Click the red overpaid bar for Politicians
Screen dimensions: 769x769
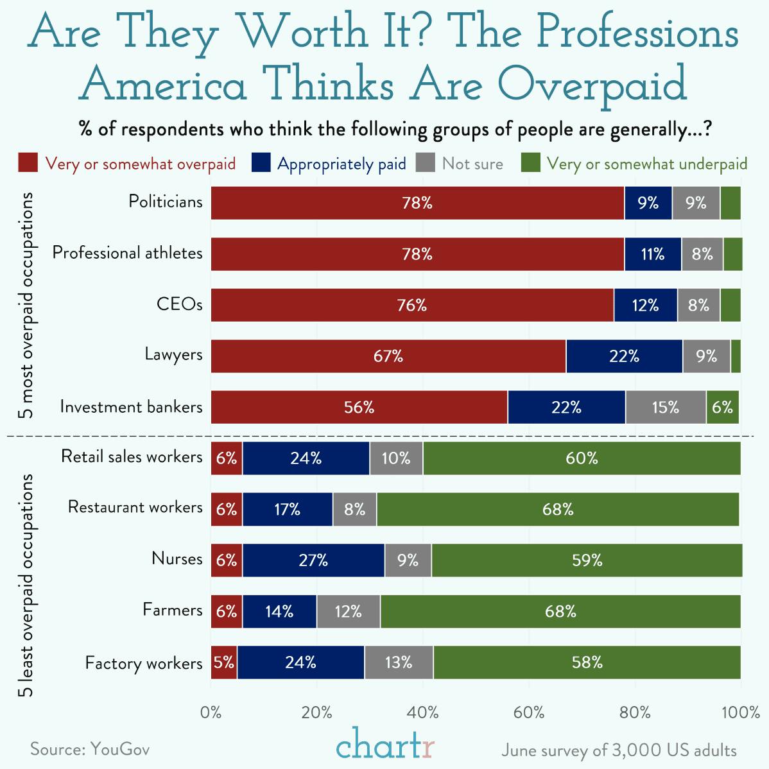pyautogui.click(x=417, y=203)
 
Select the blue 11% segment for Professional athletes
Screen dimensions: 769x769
pyautogui.click(x=653, y=254)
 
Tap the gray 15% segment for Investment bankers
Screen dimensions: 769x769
pyautogui.click(x=666, y=407)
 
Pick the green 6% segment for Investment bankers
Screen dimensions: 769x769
pyautogui.click(x=722, y=407)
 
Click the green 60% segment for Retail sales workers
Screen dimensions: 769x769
pyautogui.click(x=582, y=458)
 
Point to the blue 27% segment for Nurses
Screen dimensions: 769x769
pyautogui.click(x=313, y=560)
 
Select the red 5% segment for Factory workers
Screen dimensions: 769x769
pyautogui.click(x=224, y=662)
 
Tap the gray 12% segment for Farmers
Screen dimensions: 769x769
pyautogui.click(x=348, y=611)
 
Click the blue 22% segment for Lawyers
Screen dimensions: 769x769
pyautogui.click(x=624, y=356)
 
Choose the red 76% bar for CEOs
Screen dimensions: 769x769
pyautogui.click(x=412, y=305)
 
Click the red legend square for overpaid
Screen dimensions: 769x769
pyautogui.click(x=28, y=163)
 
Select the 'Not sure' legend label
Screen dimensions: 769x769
pyautogui.click(x=472, y=164)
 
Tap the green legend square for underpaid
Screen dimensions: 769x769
pyautogui.click(x=530, y=163)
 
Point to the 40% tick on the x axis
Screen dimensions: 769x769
pyautogui.click(x=423, y=713)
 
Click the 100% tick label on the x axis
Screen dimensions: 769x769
pyautogui.click(x=740, y=713)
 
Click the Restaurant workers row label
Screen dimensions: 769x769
pyautogui.click(x=135, y=507)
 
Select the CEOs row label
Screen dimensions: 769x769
pyautogui.click(x=180, y=304)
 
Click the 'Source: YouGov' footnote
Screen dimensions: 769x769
pyautogui.click(x=90, y=749)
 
